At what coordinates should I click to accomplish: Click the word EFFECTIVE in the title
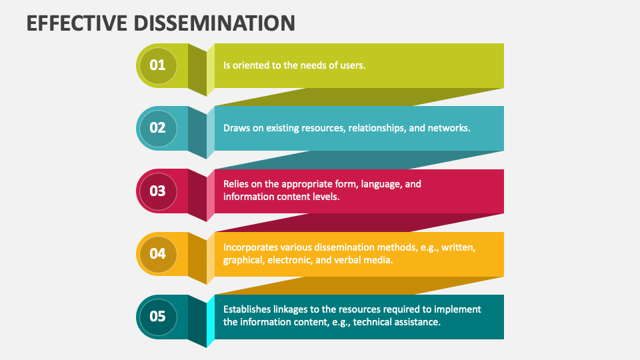77,23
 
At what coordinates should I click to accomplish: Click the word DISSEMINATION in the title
214,23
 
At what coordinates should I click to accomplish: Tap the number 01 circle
158,66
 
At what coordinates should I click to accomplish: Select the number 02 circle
158,128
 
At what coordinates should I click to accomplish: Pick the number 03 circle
158,191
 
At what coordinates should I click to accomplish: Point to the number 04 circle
158,254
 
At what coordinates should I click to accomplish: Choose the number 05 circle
158,317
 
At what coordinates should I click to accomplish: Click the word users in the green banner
353,65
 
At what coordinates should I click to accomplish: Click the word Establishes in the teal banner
247,309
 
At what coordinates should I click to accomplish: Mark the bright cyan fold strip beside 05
211,321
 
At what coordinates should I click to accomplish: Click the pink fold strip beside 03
211,195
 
